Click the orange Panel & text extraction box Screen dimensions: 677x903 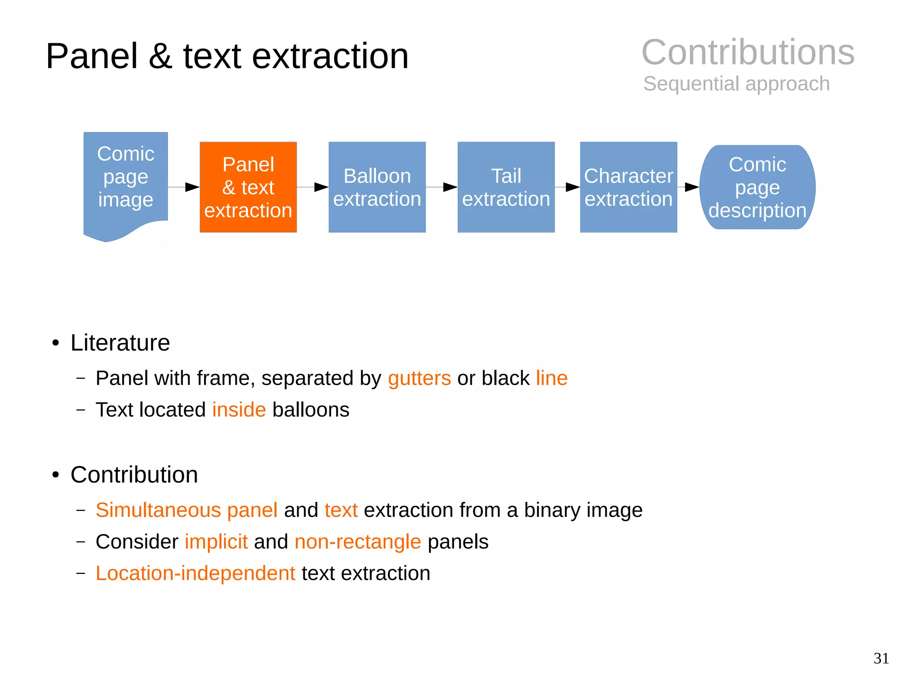coord(248,187)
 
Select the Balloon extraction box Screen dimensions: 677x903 coord(377,187)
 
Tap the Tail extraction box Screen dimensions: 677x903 coord(506,187)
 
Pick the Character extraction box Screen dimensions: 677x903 coord(628,187)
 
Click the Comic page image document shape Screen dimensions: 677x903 coord(126,181)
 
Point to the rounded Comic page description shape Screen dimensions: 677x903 coord(757,187)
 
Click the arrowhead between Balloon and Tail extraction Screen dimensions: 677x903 coord(450,187)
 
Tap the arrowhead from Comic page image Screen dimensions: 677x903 coord(192,187)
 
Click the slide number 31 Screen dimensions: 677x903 coord(881,658)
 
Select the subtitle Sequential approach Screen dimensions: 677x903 coord(736,83)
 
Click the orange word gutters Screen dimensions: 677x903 coord(419,378)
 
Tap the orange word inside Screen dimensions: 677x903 coord(239,410)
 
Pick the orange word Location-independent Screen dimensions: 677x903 coord(195,573)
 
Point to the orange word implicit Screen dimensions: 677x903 coord(216,542)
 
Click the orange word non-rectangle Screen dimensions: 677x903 coord(358,542)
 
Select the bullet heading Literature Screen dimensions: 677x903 coord(120,343)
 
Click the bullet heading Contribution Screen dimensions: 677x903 coord(134,475)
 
